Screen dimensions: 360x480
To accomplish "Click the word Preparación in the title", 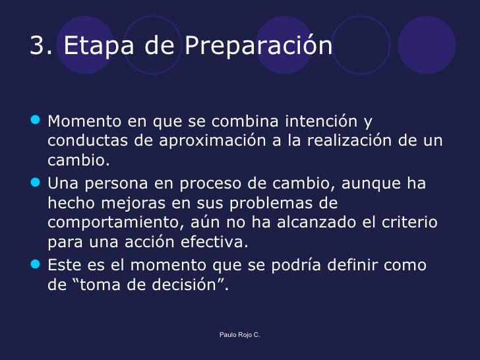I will [258, 45].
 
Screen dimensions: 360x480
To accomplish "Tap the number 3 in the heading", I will [38, 45].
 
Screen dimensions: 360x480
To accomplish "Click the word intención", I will [320, 122].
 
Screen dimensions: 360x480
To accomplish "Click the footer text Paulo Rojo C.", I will [240, 336].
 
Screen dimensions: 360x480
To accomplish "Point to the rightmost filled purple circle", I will [427, 44].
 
